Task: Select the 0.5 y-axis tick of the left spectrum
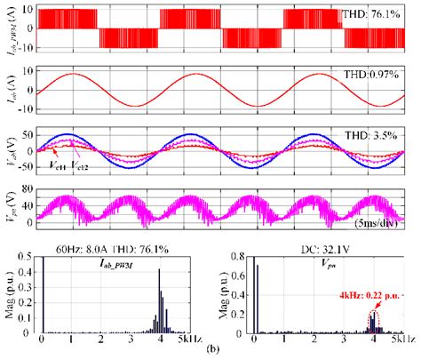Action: click(28, 248)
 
